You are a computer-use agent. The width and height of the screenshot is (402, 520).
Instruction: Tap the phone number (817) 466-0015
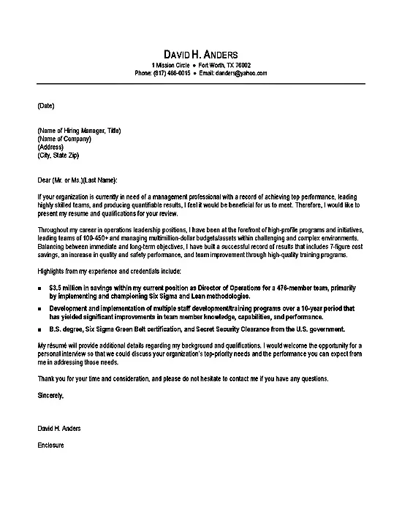tap(173, 74)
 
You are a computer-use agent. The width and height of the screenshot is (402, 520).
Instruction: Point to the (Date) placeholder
tap(45, 105)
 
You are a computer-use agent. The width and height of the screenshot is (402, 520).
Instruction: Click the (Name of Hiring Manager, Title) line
tap(78, 131)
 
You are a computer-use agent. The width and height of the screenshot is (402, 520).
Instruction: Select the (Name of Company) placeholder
tap(64, 139)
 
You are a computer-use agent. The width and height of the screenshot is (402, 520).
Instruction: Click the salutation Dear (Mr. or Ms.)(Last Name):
tap(76, 180)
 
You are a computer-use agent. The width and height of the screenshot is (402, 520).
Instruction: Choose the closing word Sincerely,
tap(50, 395)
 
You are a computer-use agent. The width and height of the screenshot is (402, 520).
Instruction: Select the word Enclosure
tap(50, 445)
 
